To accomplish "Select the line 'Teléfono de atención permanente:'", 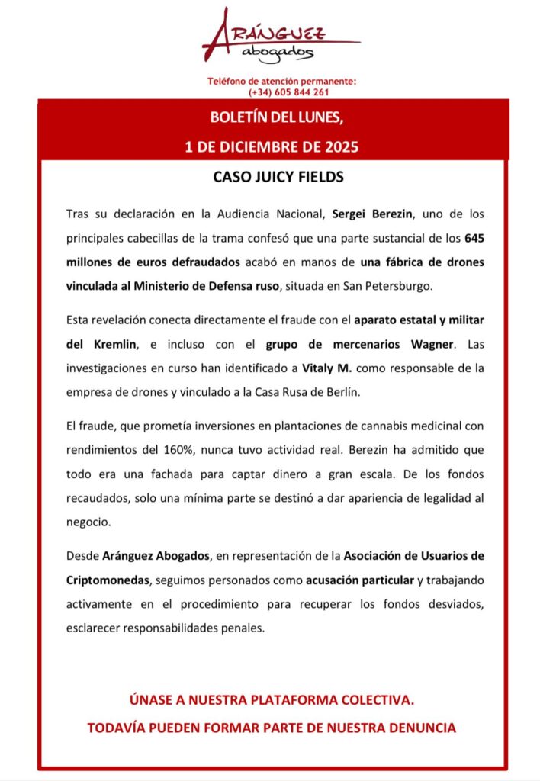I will coord(282,82).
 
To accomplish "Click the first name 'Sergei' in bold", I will coord(354,214).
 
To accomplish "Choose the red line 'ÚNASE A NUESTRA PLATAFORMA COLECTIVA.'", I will coord(271,700).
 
